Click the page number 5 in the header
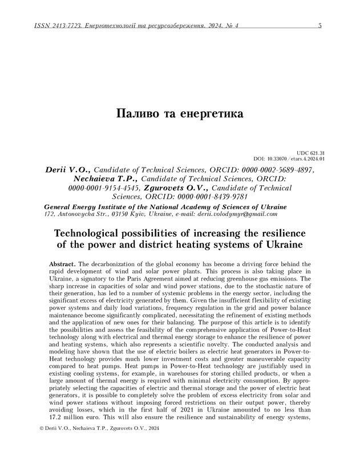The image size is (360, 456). coord(319,26)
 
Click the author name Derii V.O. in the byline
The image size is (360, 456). coord(67,169)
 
